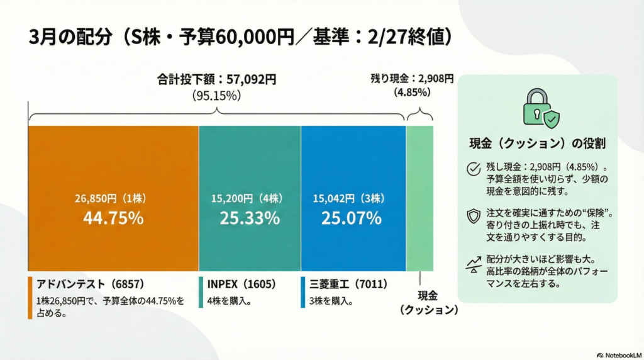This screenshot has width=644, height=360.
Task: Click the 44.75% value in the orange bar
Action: coord(113,218)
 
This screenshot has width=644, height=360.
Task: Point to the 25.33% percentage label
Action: coord(250,218)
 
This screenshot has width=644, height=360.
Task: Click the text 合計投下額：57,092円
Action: coord(217,80)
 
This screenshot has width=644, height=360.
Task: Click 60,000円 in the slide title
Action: coord(255,37)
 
